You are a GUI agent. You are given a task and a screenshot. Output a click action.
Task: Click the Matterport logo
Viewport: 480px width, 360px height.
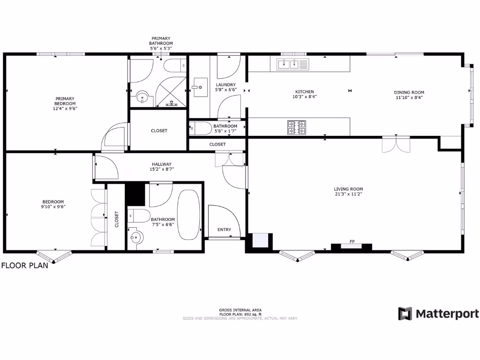point(438,314)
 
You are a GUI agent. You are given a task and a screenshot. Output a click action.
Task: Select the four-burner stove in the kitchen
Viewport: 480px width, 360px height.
point(296,127)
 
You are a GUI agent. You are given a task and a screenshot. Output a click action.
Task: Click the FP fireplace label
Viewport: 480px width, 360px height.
point(352,242)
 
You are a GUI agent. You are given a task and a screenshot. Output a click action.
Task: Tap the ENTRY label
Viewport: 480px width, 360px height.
point(224,230)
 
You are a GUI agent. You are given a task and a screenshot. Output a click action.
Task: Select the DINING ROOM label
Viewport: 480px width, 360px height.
point(409,92)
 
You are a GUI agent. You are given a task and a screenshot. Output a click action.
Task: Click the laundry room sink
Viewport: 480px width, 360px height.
point(201,87)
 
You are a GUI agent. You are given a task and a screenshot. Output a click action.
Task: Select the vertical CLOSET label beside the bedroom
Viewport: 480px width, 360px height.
point(117,219)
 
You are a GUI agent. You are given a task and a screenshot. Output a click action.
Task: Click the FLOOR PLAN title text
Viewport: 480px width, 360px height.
point(24,265)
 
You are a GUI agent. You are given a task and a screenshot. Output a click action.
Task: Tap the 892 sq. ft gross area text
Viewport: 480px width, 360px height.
point(240,314)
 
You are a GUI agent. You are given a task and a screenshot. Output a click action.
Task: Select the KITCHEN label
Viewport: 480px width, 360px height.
point(304,92)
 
